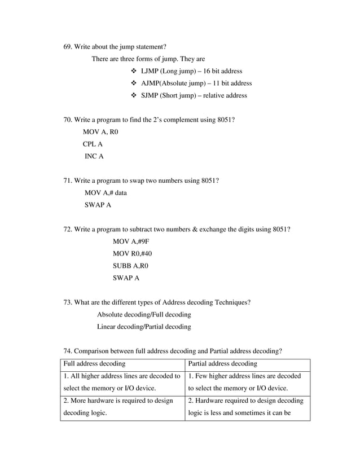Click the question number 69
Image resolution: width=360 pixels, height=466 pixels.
click(x=67, y=46)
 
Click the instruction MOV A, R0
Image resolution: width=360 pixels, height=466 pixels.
click(x=100, y=132)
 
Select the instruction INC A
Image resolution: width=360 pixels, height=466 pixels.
click(x=94, y=156)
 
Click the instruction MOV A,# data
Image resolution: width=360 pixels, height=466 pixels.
click(x=106, y=193)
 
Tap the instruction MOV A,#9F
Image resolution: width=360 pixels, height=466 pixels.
click(x=131, y=241)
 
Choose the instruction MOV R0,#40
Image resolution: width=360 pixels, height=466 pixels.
click(x=133, y=254)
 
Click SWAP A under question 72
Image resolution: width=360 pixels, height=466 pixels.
click(x=126, y=278)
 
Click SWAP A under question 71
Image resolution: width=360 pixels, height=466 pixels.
click(x=98, y=205)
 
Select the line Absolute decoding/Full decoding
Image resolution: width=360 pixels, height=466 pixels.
click(x=144, y=314)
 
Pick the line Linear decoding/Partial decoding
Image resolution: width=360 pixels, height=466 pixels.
click(x=144, y=327)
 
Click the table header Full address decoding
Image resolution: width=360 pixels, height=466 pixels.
click(x=94, y=364)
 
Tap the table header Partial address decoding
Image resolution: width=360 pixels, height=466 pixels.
click(x=222, y=364)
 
